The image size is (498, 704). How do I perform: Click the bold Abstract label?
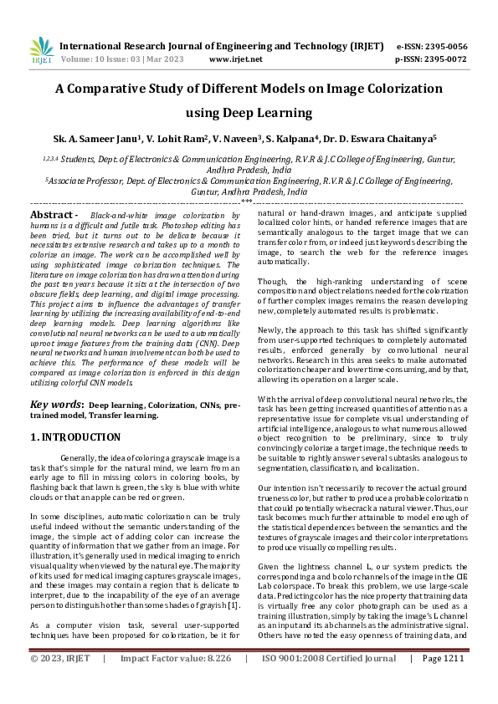point(54,216)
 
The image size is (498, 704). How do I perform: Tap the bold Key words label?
point(57,404)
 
